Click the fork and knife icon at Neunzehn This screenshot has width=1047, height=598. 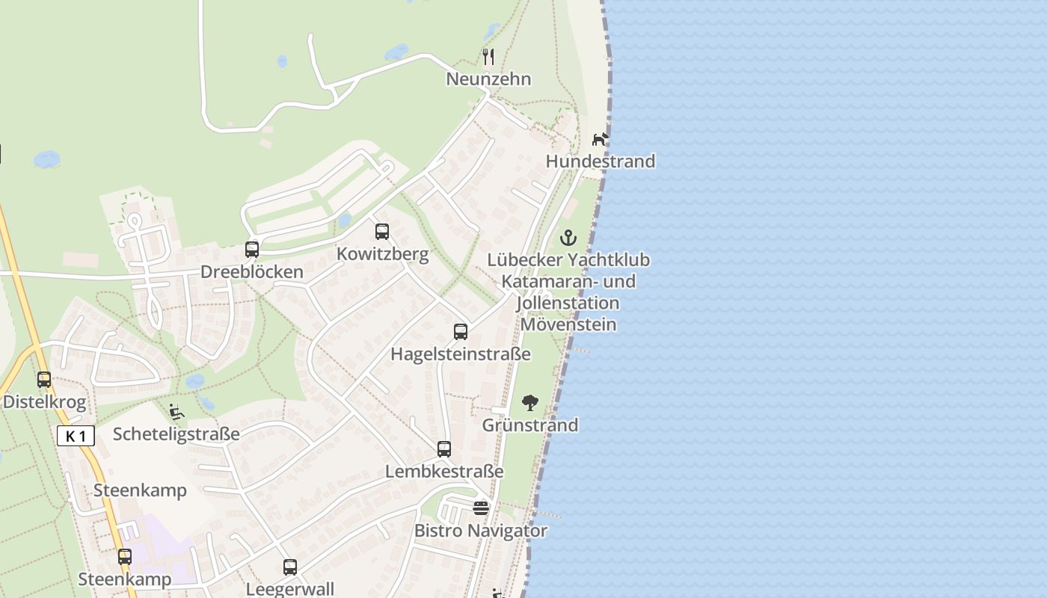pyautogui.click(x=488, y=56)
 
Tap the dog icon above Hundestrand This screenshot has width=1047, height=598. pyautogui.click(x=601, y=139)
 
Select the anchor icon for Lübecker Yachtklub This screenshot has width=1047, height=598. pyautogui.click(x=569, y=238)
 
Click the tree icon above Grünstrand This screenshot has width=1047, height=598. pyautogui.click(x=530, y=404)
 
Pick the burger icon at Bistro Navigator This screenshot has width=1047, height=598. pyautogui.click(x=481, y=508)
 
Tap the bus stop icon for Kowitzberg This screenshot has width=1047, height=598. pyautogui.click(x=382, y=232)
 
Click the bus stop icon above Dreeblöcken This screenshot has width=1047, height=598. pyautogui.click(x=252, y=250)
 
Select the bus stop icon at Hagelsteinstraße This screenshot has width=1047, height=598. pyautogui.click(x=461, y=332)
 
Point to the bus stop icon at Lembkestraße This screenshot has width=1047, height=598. pyautogui.click(x=444, y=449)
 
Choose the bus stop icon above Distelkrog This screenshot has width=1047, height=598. pyautogui.click(x=44, y=380)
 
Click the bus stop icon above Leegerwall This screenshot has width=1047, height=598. pyautogui.click(x=290, y=567)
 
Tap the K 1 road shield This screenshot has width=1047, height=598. pyautogui.click(x=76, y=436)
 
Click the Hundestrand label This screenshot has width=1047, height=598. pyautogui.click(x=601, y=161)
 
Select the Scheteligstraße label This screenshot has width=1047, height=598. pyautogui.click(x=176, y=434)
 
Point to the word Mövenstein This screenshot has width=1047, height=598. pyautogui.click(x=568, y=324)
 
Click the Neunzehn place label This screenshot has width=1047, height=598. pyautogui.click(x=488, y=78)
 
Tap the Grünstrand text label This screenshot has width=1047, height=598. pyautogui.click(x=530, y=425)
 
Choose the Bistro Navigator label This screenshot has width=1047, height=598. pyautogui.click(x=481, y=531)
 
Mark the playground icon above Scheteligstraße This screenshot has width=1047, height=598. pyautogui.click(x=176, y=412)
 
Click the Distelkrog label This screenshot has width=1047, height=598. pyautogui.click(x=44, y=401)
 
